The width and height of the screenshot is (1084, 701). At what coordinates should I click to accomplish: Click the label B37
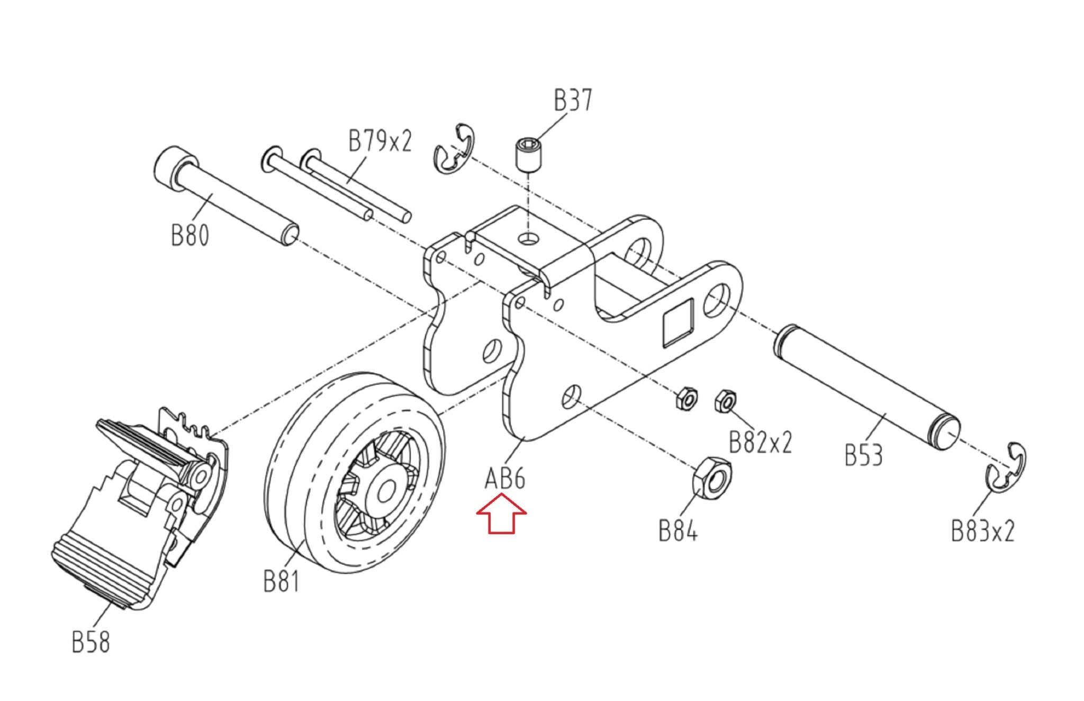(573, 101)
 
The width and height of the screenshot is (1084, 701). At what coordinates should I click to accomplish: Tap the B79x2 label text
(380, 141)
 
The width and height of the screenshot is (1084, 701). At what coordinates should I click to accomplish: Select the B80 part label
(190, 235)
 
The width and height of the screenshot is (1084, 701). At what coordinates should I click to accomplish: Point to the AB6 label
(505, 479)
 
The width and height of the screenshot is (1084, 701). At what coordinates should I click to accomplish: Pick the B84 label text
(678, 530)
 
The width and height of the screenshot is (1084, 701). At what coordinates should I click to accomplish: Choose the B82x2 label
(760, 442)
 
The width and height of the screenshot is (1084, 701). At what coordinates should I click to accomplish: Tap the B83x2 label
(983, 531)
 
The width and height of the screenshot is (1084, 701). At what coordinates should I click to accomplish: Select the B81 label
(281, 581)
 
